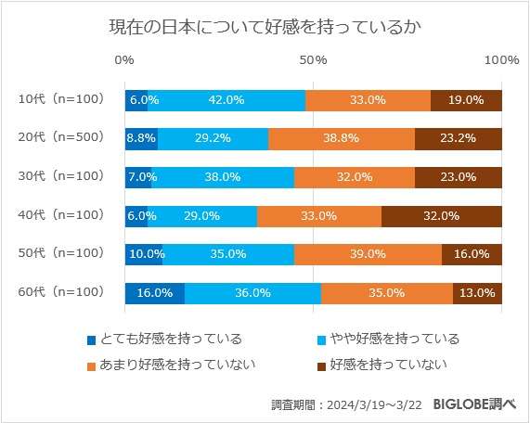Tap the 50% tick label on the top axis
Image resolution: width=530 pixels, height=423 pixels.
click(x=314, y=60)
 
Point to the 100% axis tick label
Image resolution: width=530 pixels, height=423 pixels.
click(x=502, y=60)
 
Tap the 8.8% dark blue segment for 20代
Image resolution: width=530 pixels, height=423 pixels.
click(x=141, y=138)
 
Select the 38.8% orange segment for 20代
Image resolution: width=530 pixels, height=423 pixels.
click(x=342, y=138)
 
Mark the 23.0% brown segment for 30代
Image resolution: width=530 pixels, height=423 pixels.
click(x=459, y=177)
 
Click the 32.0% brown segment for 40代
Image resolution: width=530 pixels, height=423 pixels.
click(x=442, y=216)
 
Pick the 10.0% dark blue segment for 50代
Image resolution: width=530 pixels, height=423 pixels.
click(x=144, y=254)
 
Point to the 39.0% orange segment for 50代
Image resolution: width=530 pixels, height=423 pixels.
click(x=368, y=254)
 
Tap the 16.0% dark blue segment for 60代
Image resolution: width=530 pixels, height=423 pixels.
click(x=155, y=293)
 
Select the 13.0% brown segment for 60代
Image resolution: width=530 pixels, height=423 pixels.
click(x=477, y=293)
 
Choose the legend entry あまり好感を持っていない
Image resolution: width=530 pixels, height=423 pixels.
click(x=171, y=365)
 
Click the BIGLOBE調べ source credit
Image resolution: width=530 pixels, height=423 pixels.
click(x=465, y=404)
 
